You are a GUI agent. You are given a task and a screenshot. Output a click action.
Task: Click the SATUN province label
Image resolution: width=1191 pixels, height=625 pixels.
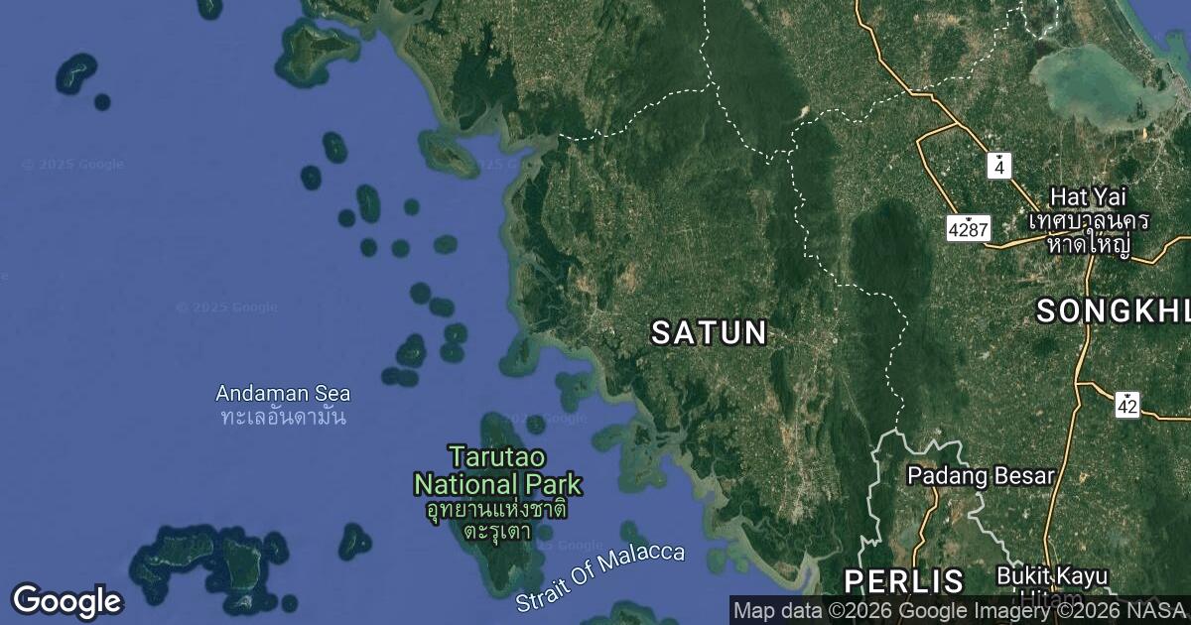pyautogui.click(x=709, y=332)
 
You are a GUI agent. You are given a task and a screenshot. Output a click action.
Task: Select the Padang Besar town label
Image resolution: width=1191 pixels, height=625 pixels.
pyautogui.click(x=980, y=476)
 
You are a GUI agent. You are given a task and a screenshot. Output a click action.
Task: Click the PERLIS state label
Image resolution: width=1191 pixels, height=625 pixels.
pyautogui.click(x=903, y=581)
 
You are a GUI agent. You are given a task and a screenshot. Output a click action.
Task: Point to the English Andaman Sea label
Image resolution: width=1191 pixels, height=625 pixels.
pyautogui.click(x=283, y=394)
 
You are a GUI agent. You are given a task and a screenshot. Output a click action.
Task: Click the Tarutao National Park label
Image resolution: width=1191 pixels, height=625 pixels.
pyautogui.click(x=497, y=471)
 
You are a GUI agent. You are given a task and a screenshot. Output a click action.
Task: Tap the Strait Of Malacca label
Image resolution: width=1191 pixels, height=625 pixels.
pyautogui.click(x=600, y=577)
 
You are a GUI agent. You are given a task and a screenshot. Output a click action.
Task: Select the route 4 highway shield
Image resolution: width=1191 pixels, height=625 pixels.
pyautogui.click(x=998, y=166)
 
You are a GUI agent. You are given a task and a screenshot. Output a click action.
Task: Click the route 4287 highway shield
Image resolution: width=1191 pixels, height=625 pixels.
pyautogui.click(x=968, y=229)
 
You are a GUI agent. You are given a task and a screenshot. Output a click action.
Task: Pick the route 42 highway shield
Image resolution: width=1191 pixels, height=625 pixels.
pyautogui.click(x=1126, y=404)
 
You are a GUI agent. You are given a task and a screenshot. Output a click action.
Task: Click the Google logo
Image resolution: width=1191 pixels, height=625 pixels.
pyautogui.click(x=66, y=600)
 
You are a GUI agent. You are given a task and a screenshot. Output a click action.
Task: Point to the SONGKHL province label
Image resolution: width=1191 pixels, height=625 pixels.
pyautogui.click(x=1113, y=312)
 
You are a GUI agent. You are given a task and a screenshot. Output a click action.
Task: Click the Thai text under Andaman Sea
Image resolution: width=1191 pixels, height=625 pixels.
pyautogui.click(x=283, y=417)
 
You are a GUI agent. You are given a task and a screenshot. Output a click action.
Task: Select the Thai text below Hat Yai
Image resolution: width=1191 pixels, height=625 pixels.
pyautogui.click(x=1089, y=231)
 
